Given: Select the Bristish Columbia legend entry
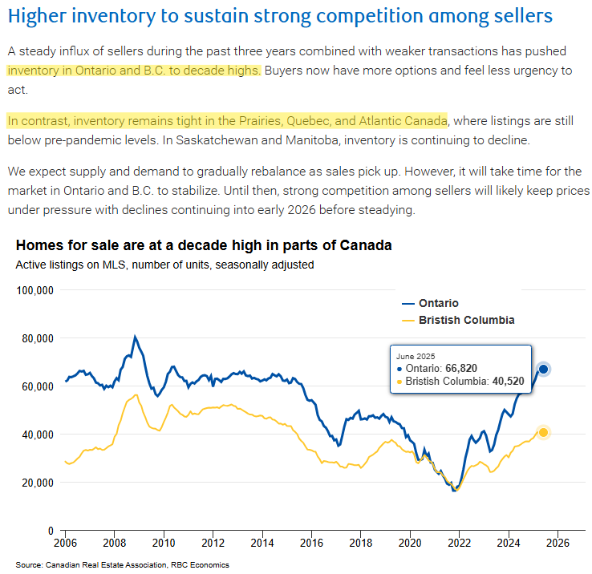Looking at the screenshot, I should (456, 320).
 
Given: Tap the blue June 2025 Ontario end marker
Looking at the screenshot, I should (543, 369).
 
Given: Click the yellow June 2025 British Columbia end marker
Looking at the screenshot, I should (543, 432).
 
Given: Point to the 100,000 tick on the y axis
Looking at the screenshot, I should (34, 290).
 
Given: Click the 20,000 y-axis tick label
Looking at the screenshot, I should (37, 483).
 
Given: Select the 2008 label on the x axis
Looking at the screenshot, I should (114, 543).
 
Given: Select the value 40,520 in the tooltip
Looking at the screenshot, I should (505, 382).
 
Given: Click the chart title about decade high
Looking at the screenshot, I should (204, 245).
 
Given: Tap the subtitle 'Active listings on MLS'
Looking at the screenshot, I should (164, 264).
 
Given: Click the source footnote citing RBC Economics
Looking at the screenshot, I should (122, 565).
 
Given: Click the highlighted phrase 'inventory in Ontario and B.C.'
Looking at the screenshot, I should (134, 70).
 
